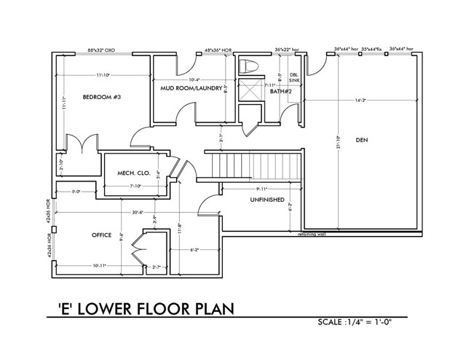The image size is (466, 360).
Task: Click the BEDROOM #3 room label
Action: pos(100,98)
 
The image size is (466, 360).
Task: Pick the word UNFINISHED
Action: pos(267,199)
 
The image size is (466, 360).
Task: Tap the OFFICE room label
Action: pos(101,235)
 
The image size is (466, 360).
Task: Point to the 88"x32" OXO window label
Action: pos(102,50)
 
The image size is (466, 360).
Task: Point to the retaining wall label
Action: pos(312,235)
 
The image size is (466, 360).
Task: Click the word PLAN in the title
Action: pos(210,308)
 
